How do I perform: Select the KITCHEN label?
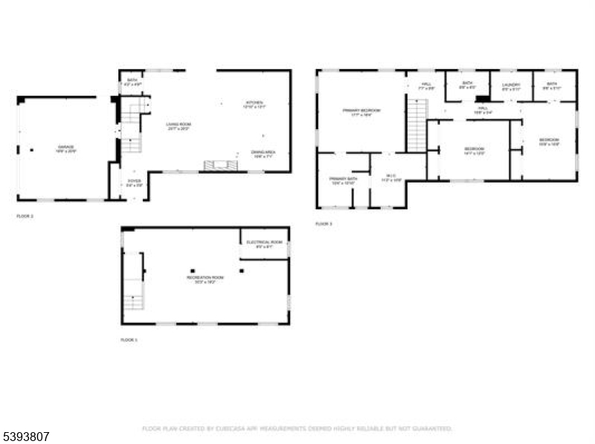click(x=255, y=104)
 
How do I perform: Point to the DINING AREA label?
click(x=263, y=154)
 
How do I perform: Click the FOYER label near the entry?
click(x=134, y=182)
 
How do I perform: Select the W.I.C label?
click(x=391, y=177)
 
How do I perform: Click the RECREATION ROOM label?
click(x=205, y=279)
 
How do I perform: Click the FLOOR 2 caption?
click(x=25, y=216)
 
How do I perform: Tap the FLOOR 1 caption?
click(x=129, y=339)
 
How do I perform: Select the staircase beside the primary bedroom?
click(x=416, y=125)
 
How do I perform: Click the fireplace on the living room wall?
click(x=220, y=165)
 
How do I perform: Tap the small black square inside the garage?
click(x=31, y=149)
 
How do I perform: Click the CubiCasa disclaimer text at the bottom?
click(x=297, y=428)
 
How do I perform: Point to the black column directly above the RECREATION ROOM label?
click(x=192, y=270)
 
